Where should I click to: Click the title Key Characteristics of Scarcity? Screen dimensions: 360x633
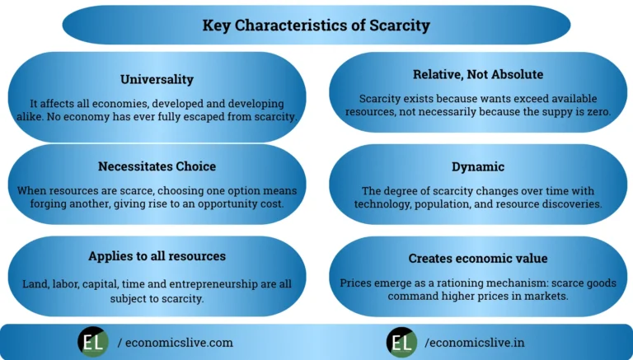pyautogui.click(x=316, y=26)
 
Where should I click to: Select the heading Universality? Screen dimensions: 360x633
pyautogui.click(x=157, y=80)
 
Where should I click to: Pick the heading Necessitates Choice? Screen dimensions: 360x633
pyautogui.click(x=157, y=167)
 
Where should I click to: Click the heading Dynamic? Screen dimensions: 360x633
pyautogui.click(x=478, y=167)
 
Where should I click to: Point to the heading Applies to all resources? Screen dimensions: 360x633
pyautogui.click(x=157, y=256)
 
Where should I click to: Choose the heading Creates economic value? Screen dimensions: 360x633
pyautogui.click(x=478, y=259)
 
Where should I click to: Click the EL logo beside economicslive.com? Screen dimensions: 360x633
pyautogui.click(x=93, y=342)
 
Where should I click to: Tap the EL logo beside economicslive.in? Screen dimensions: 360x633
pyautogui.click(x=401, y=342)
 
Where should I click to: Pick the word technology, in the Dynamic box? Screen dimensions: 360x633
pyautogui.click(x=386, y=203)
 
